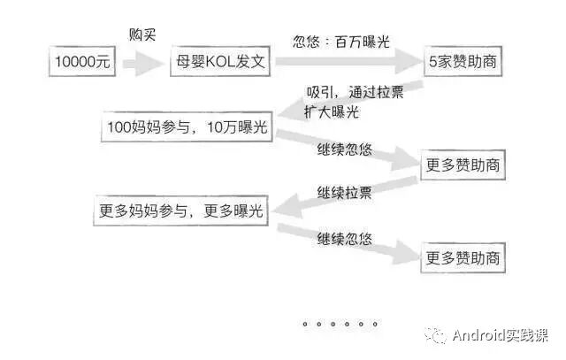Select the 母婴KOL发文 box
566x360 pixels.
(x=220, y=64)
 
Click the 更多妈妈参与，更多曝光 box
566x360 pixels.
(x=180, y=211)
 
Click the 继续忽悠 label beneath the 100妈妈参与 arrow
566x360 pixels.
(x=345, y=151)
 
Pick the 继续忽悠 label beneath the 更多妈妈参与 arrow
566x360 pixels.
(x=345, y=237)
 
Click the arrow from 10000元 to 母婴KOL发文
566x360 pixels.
(x=141, y=64)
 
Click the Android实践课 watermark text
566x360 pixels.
(x=500, y=335)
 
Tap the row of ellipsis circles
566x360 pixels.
(x=335, y=325)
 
